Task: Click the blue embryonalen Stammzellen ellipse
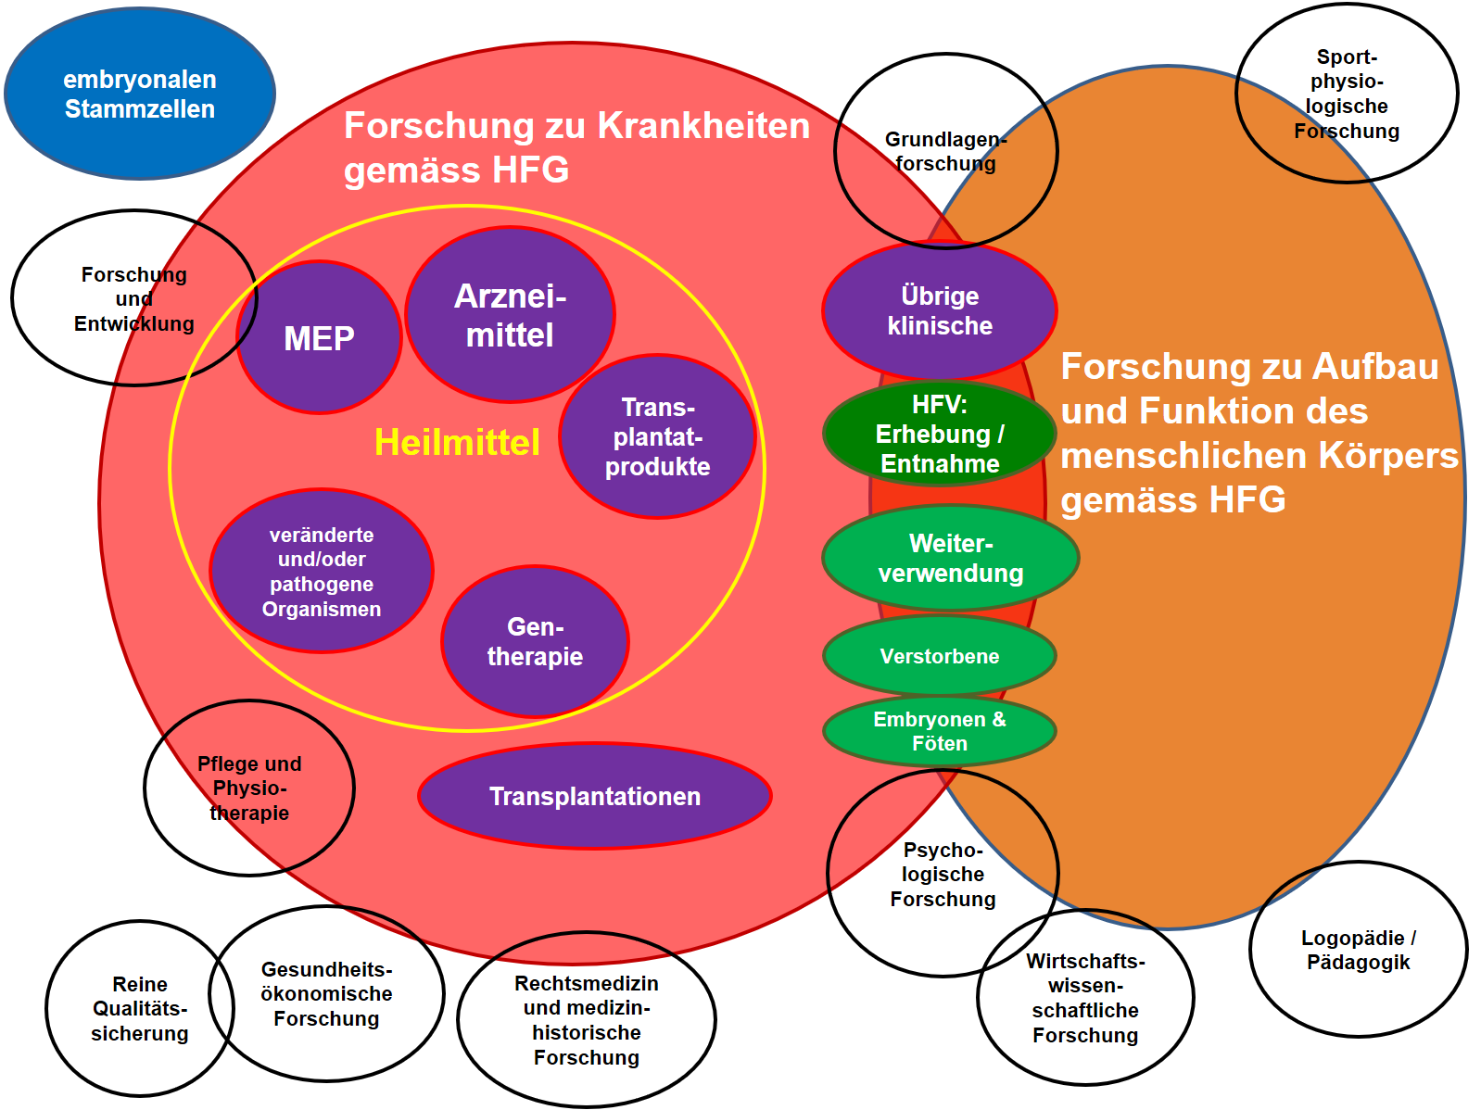(140, 94)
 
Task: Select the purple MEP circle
(319, 338)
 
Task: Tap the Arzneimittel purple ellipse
(510, 315)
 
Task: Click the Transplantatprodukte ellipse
(657, 436)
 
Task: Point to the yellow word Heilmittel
(457, 442)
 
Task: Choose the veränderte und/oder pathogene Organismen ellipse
(322, 571)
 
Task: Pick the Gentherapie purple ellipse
(535, 641)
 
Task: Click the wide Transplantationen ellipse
(595, 796)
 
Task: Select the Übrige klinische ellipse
(940, 310)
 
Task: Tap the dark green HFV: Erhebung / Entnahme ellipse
(940, 434)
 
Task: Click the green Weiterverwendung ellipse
(951, 558)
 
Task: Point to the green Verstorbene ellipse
(940, 656)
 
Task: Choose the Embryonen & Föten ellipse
(940, 731)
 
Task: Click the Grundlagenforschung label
(945, 151)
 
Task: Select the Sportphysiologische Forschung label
(1347, 94)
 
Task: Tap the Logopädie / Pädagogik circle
(1358, 950)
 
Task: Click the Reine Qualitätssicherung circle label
(140, 1008)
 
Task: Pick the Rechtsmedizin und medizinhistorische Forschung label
(587, 1019)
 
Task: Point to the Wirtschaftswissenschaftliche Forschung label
(1085, 998)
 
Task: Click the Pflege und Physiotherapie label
(249, 788)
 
